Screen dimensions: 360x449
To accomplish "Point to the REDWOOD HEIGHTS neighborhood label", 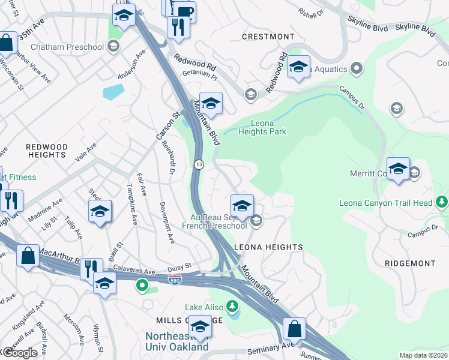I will (46, 151).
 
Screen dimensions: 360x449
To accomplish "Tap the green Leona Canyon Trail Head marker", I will (442, 202).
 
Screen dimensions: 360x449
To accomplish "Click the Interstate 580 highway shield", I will (174, 281).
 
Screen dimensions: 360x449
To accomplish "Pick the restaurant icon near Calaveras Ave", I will (91, 268).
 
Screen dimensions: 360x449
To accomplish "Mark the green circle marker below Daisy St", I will (142, 286).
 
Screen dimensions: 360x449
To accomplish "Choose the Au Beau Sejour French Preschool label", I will (215, 221).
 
